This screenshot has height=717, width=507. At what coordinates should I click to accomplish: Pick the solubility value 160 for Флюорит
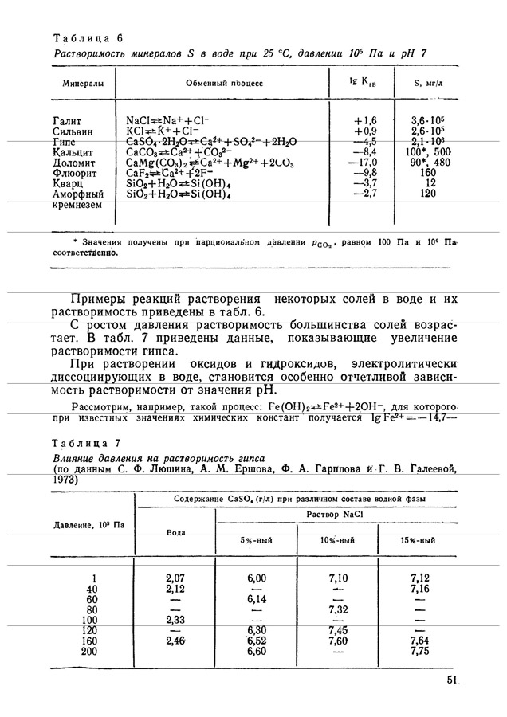[x=428, y=171]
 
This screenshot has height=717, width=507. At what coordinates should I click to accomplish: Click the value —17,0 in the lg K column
[x=362, y=161]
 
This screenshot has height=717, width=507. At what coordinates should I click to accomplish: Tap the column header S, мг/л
[x=428, y=83]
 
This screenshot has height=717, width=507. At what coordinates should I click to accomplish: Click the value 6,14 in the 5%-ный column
[x=256, y=598]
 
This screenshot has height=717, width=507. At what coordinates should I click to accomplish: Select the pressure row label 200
[x=93, y=650]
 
